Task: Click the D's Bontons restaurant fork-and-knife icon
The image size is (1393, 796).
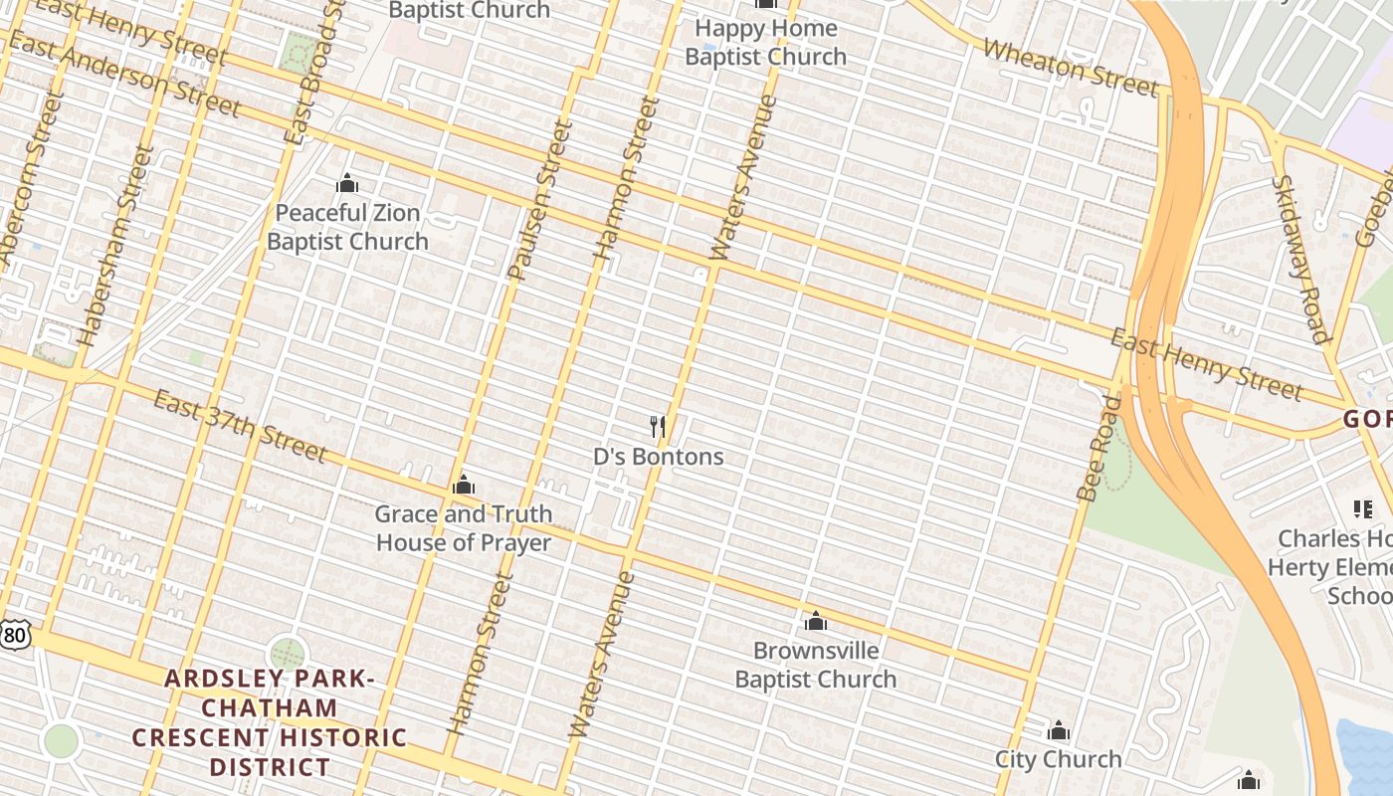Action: (x=657, y=427)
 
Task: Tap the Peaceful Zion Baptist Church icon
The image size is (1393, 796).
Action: (x=347, y=183)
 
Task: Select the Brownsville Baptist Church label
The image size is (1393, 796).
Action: (x=816, y=665)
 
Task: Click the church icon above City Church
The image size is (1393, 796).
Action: (x=1058, y=731)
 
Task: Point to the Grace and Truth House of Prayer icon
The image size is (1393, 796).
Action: (x=463, y=486)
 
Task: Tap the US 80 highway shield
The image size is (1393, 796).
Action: (x=14, y=634)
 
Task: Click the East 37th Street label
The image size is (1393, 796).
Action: (x=239, y=426)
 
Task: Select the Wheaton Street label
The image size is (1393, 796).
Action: (x=1071, y=67)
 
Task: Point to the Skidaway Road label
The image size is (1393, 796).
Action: (x=1301, y=259)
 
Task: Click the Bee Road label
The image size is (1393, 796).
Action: (x=1098, y=448)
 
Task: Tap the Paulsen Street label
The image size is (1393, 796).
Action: (x=540, y=199)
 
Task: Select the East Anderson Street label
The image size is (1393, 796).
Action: (x=124, y=74)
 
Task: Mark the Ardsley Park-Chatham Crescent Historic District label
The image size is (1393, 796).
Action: (x=270, y=722)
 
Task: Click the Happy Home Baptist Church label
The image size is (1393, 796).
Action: (x=765, y=42)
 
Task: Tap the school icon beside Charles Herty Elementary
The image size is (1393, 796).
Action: (x=1362, y=509)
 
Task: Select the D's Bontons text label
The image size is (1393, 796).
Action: (x=658, y=457)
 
